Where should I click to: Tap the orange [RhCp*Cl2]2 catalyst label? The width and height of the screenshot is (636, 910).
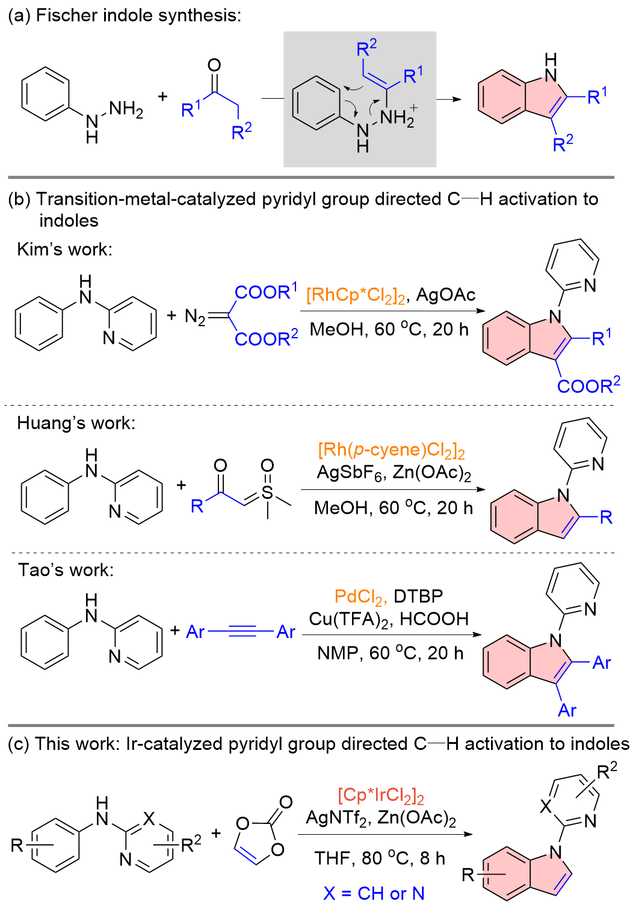coord(356,296)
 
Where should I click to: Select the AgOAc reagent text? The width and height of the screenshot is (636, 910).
coord(446,295)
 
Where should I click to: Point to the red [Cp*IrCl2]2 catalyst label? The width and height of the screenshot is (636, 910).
coord(380,796)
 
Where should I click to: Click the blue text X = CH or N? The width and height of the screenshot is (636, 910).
coord(374,893)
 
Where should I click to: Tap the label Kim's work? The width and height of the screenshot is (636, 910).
coord(64,249)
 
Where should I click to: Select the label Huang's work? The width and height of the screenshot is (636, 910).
coord(76,423)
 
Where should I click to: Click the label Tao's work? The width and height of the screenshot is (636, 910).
coord(66,570)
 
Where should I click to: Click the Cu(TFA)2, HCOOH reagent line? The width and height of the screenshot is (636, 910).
coord(388,619)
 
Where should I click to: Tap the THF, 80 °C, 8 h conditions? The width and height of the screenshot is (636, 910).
coord(380,858)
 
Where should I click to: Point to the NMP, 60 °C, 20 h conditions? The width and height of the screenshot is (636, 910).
coord(390,653)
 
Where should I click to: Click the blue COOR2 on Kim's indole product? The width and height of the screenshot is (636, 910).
coord(588,385)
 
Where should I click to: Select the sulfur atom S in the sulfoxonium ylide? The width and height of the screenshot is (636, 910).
coord(267,494)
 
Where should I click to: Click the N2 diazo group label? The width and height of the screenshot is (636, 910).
coord(194,317)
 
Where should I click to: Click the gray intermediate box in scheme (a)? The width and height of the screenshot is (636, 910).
coord(360,99)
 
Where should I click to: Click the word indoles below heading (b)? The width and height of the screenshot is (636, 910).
coord(69,221)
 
